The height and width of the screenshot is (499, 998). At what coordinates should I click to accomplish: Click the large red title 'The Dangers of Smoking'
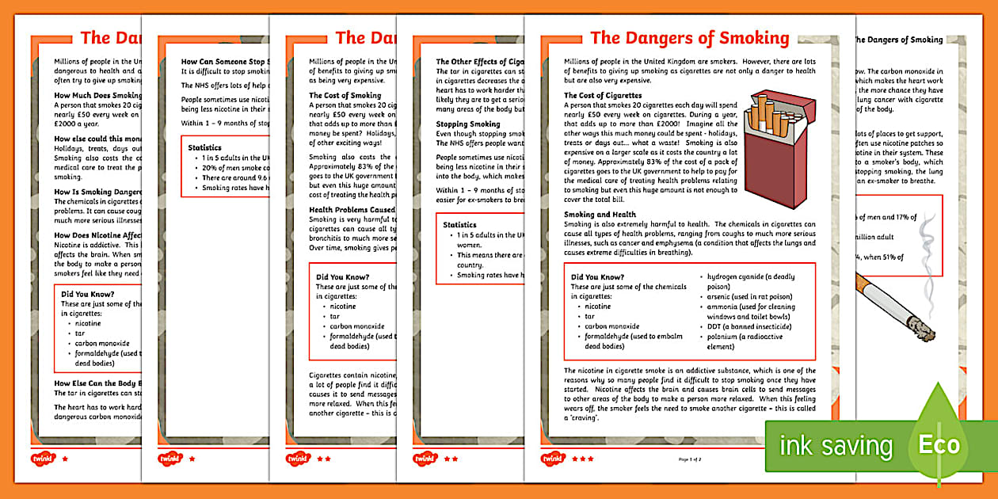(689, 38)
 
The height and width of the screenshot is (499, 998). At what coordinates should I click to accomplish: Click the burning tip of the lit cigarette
(922, 326)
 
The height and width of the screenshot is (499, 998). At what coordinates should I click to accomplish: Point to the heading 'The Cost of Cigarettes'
(603, 96)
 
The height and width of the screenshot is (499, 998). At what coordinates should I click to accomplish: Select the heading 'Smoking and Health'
(600, 215)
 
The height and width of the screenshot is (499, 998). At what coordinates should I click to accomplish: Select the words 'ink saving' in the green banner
(836, 445)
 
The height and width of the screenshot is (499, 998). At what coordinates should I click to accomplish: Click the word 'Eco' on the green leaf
(939, 444)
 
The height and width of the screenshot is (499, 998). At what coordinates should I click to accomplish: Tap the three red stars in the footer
(584, 459)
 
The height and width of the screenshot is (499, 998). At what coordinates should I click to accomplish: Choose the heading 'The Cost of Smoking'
(345, 96)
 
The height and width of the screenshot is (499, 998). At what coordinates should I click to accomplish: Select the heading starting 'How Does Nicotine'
(97, 235)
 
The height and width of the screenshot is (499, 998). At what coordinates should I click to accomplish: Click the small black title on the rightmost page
(897, 40)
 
